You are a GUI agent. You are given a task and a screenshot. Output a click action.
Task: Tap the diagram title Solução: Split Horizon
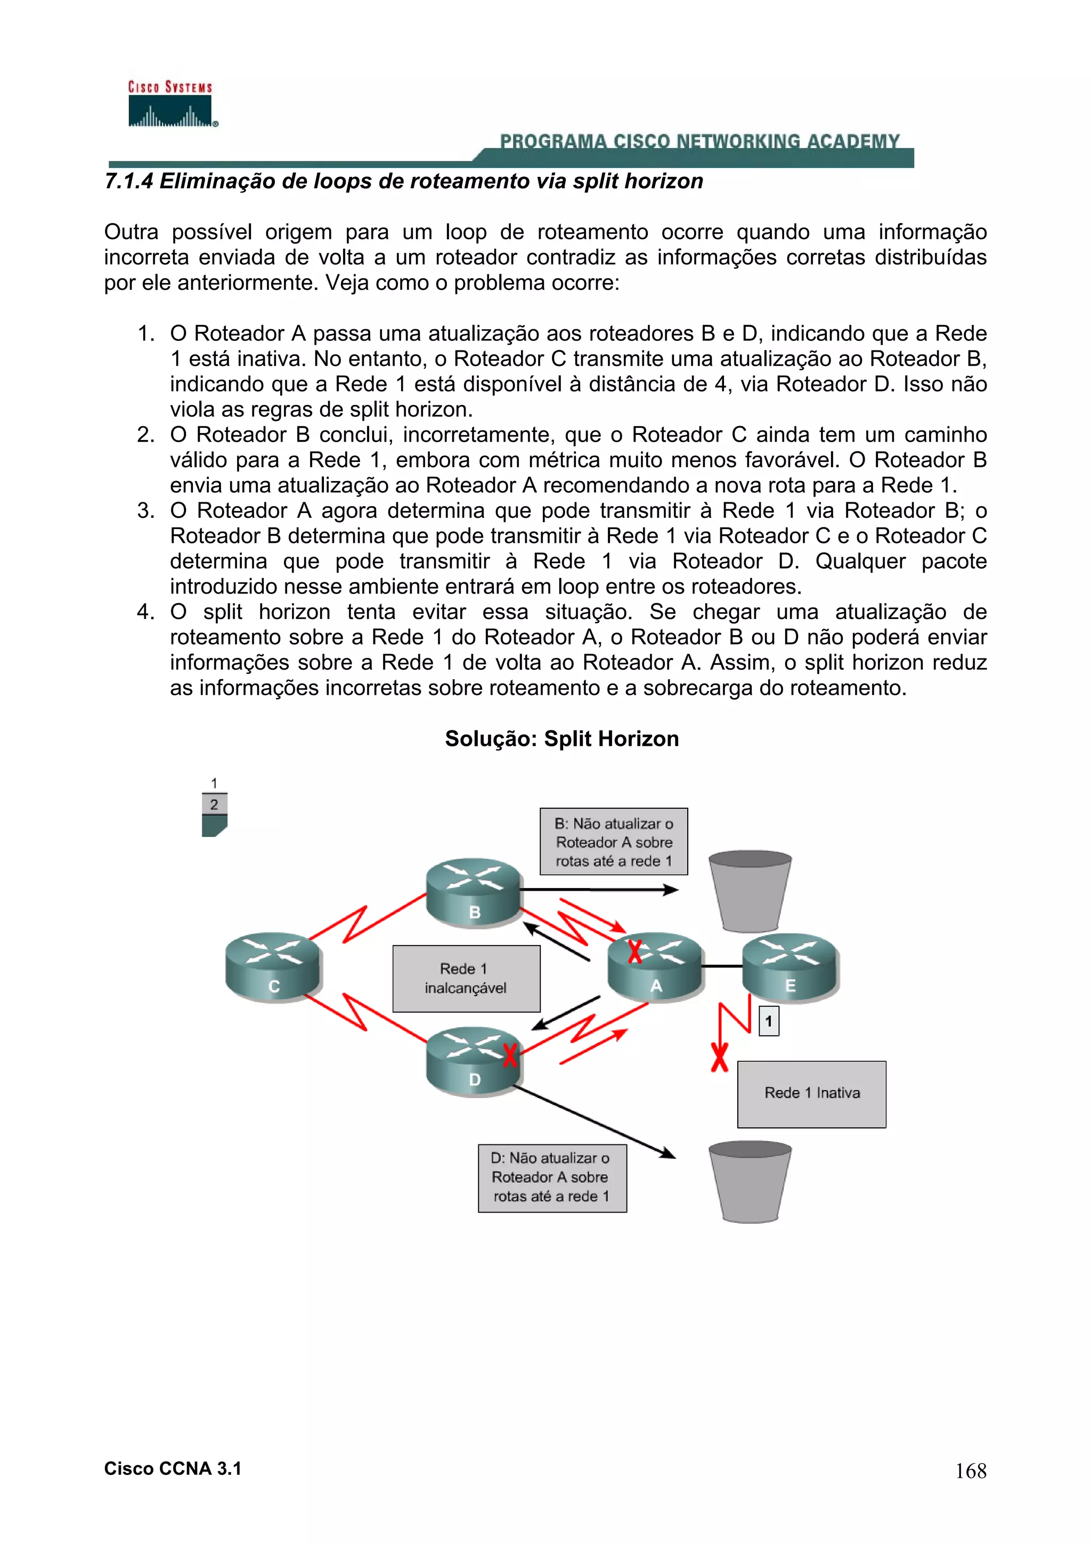[561, 738]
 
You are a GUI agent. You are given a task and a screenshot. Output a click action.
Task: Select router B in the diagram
[474, 892]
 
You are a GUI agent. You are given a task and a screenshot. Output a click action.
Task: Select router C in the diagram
[273, 967]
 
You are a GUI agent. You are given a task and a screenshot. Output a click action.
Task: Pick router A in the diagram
[655, 967]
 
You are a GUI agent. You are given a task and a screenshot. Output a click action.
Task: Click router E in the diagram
[790, 967]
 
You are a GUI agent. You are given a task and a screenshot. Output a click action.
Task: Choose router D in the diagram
[474, 1060]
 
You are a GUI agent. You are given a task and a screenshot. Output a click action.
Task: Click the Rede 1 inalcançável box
[466, 978]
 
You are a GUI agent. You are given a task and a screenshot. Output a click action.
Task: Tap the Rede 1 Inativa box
[811, 1093]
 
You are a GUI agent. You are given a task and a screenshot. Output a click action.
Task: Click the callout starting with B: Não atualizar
[613, 841]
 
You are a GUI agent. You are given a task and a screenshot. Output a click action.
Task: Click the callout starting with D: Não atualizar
[552, 1177]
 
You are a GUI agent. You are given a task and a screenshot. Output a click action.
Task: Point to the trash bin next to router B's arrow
[750, 891]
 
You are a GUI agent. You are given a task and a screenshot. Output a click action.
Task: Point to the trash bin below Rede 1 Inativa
[750, 1182]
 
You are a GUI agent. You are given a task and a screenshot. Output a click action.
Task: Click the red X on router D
[510, 1054]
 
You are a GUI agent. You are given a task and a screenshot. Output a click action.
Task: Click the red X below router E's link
[719, 1057]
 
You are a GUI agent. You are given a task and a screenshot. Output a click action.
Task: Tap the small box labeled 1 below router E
[768, 1021]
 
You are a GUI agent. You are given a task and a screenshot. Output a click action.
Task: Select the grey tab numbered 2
[214, 804]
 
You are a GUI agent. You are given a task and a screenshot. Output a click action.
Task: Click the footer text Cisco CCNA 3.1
[173, 1469]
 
